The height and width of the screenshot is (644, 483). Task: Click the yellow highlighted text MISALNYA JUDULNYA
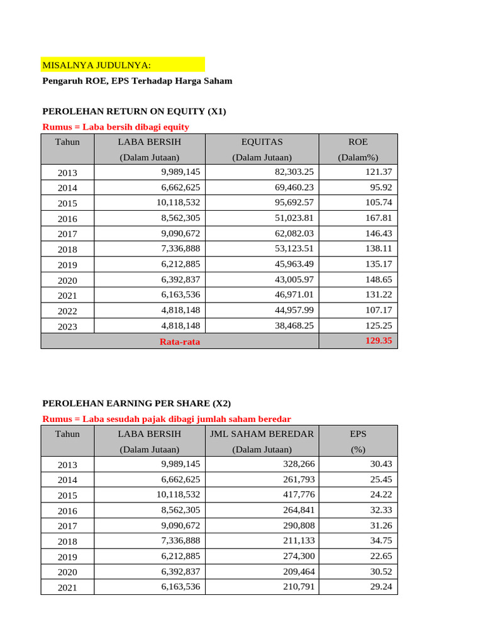pyautogui.click(x=96, y=65)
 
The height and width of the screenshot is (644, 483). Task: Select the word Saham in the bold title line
pyautogui.click(x=218, y=81)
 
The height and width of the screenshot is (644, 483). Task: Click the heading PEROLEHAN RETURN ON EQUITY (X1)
pyautogui.click(x=134, y=111)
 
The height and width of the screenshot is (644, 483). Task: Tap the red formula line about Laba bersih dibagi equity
pyautogui.click(x=116, y=127)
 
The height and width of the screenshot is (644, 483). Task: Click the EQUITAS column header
pyautogui.click(x=262, y=142)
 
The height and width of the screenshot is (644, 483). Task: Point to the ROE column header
pyautogui.click(x=358, y=142)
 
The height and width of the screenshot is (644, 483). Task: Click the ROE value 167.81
pyautogui.click(x=379, y=218)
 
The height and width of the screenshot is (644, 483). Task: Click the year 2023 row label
pyautogui.click(x=67, y=326)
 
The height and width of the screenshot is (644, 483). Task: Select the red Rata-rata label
pyautogui.click(x=180, y=341)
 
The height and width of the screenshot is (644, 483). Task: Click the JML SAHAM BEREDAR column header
pyautogui.click(x=262, y=434)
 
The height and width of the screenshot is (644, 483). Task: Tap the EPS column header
pyautogui.click(x=358, y=434)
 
